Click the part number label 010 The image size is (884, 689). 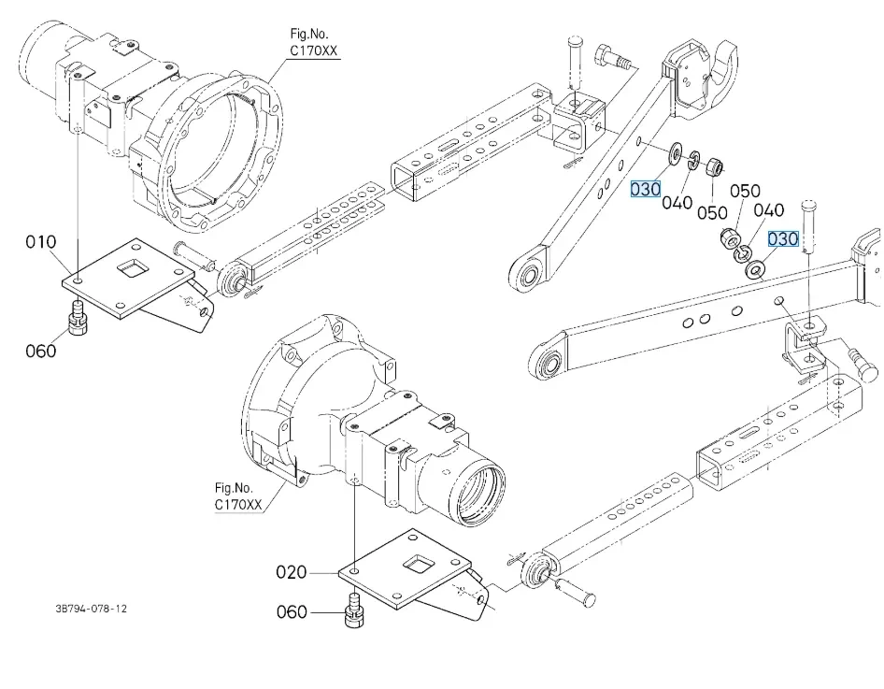[x=41, y=243]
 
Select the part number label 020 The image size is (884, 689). [x=292, y=571]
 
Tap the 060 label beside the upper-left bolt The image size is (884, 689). [x=41, y=351]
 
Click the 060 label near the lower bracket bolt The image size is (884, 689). [x=292, y=612]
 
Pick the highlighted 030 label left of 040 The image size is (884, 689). [x=646, y=190]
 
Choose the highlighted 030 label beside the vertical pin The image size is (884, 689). [x=783, y=239]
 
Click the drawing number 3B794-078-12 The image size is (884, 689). [x=91, y=609]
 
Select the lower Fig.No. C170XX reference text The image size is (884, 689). [x=239, y=496]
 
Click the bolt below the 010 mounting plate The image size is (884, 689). [x=78, y=319]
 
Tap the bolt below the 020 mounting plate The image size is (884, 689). [x=355, y=610]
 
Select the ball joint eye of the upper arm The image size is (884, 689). [x=532, y=275]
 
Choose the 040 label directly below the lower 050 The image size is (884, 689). [x=768, y=211]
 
